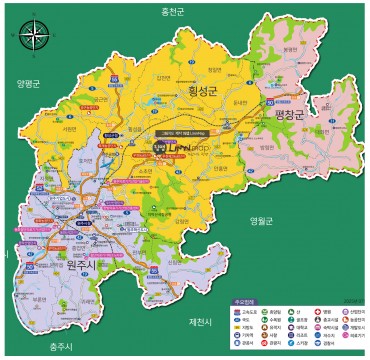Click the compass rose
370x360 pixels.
pyautogui.click(x=34, y=36)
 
